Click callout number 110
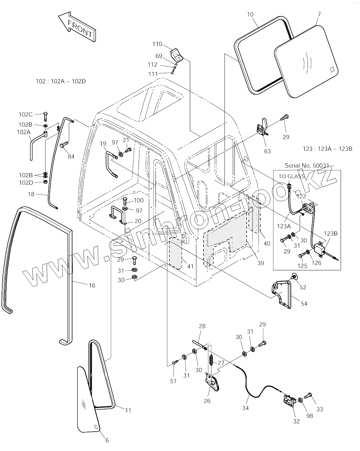157,44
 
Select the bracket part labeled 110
177,55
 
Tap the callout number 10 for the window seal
250,14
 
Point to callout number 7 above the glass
319,14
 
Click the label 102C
26,114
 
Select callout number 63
268,151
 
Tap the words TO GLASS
291,176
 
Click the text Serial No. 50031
307,166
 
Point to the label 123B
331,234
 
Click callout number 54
304,304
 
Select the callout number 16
92,285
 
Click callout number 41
190,266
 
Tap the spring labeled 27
211,360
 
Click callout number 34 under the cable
245,408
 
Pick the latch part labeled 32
290,400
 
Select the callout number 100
138,200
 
